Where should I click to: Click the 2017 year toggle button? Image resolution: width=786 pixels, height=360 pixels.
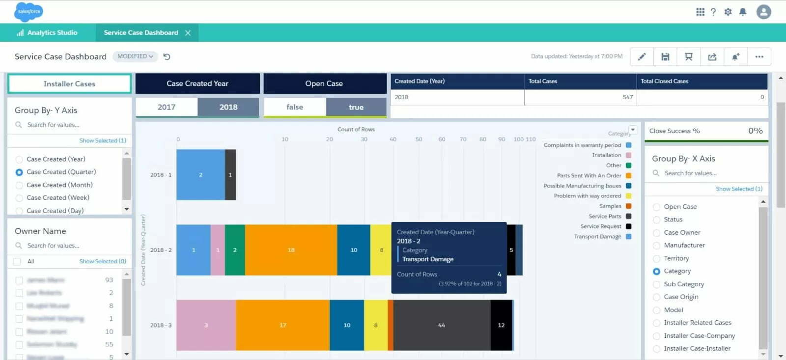point(167,107)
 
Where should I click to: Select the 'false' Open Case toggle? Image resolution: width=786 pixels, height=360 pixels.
point(295,107)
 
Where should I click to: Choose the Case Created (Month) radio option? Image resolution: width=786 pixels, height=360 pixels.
point(19,185)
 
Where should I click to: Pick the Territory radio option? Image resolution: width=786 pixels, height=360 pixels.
point(656,258)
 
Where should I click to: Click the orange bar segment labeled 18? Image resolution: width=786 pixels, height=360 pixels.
point(291,250)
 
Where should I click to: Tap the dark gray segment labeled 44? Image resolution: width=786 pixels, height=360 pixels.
point(441,325)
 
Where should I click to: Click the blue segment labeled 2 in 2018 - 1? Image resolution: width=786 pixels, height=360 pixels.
point(200,175)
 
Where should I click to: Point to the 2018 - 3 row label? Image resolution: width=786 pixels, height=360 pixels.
point(161,325)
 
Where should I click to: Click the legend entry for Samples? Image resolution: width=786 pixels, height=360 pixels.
point(610,206)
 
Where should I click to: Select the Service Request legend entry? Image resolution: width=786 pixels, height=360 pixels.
point(601,226)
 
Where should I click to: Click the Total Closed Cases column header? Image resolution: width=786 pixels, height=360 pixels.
point(664,81)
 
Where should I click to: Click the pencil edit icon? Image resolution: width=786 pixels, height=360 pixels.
point(642,56)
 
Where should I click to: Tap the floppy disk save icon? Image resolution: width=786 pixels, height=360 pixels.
point(665,56)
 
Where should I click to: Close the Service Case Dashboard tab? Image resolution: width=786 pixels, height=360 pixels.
point(188,33)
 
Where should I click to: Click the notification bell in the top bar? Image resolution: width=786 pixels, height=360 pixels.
point(743,12)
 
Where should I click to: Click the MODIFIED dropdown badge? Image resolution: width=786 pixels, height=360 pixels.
point(135,56)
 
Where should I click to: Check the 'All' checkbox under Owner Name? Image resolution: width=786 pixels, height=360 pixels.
point(17,262)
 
